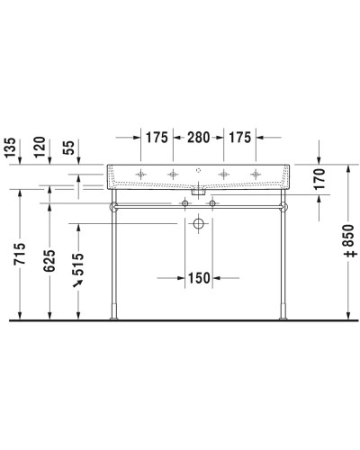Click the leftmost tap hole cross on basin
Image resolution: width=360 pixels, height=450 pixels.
click(x=141, y=171)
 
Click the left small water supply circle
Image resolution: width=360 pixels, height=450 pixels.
click(x=185, y=204)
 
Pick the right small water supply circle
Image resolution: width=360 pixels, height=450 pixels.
click(x=213, y=204)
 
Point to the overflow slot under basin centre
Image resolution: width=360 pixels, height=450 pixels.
click(x=199, y=191)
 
